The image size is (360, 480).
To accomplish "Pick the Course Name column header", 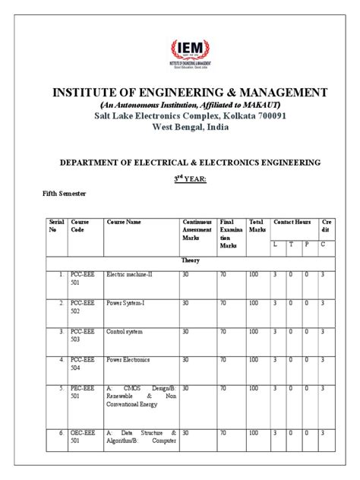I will pos(124,222).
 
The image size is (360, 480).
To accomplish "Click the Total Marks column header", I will pos(257,226).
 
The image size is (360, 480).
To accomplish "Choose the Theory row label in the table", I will pos(190,260).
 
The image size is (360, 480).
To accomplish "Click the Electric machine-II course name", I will pos(130,273).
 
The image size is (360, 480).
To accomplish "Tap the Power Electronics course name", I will pos(128,359).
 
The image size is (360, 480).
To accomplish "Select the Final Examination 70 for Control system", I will pos(223,331).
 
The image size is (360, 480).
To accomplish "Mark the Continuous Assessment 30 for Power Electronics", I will pos(186,359).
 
